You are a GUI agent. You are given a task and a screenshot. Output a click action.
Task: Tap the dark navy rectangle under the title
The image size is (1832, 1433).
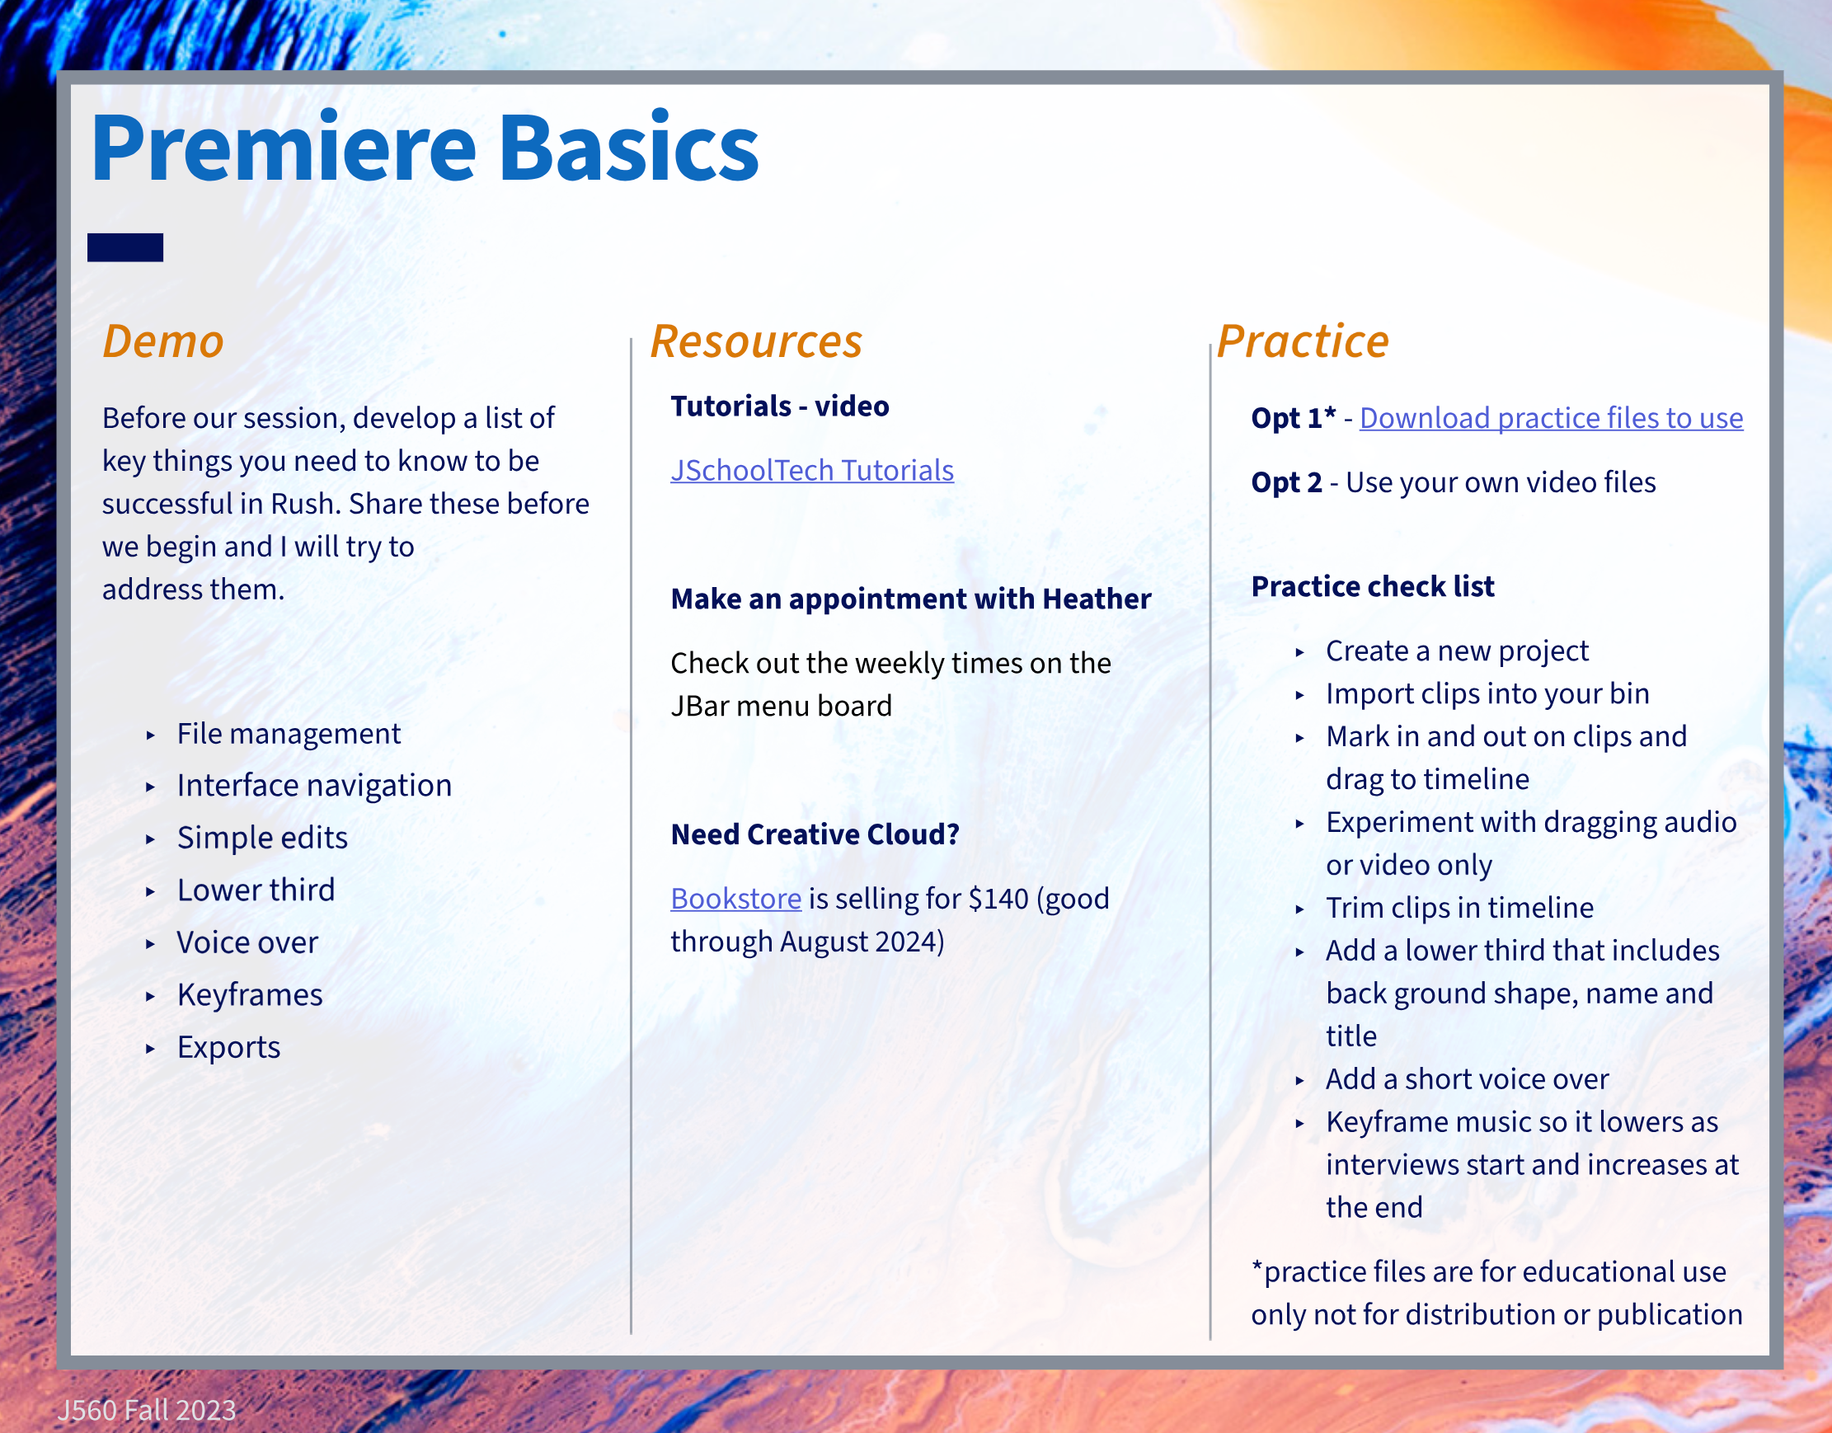(x=125, y=247)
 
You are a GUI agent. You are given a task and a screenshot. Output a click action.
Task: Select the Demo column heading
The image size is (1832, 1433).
(x=163, y=341)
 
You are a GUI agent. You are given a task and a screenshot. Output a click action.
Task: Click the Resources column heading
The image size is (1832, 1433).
(x=757, y=341)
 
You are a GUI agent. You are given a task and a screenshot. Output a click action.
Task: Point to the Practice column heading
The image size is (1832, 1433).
(x=1304, y=341)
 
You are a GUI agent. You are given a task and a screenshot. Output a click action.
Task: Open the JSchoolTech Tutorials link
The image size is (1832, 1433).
(x=812, y=471)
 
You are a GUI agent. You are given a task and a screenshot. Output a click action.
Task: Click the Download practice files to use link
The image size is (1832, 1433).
(x=1551, y=418)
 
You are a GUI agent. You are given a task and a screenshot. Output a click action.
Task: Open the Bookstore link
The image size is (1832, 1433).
(x=735, y=899)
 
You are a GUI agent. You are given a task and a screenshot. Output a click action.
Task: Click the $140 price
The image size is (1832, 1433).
(x=998, y=899)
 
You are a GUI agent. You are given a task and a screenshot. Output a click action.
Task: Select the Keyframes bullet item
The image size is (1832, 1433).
(x=250, y=995)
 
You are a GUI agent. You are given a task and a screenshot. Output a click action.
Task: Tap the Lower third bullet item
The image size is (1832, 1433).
(x=256, y=890)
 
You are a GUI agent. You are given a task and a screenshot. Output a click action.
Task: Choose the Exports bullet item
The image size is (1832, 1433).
(x=229, y=1047)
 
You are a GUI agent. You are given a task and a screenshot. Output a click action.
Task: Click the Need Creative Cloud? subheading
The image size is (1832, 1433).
(x=815, y=834)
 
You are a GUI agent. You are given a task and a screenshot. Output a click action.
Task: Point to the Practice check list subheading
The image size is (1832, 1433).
(x=1373, y=586)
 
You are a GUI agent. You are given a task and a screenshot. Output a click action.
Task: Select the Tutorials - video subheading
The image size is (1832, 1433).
(x=780, y=406)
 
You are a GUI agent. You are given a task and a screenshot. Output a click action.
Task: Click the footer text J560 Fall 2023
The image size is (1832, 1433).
(x=147, y=1411)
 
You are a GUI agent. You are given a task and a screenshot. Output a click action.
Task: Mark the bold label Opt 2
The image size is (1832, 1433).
(x=1287, y=482)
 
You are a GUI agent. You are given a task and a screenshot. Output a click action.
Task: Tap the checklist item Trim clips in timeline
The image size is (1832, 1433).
(x=1459, y=908)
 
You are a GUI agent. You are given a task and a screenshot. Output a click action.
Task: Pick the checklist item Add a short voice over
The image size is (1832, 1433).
(x=1467, y=1079)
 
